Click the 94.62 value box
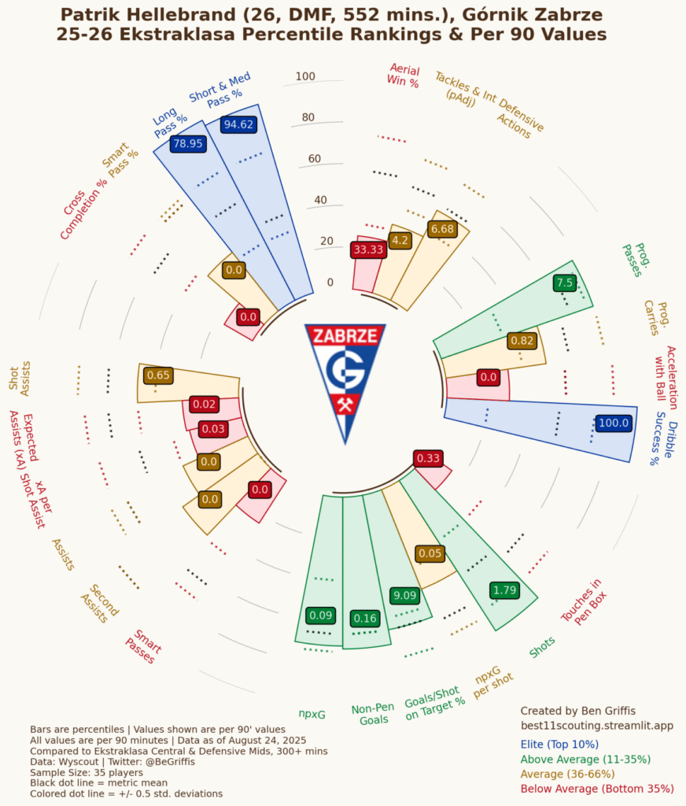coord(238,124)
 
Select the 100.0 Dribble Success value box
coord(614,423)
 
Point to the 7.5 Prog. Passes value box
coord(565,283)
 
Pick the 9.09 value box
coord(406,596)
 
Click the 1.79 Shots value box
coord(503,590)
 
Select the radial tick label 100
coord(305,76)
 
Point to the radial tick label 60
coord(314,159)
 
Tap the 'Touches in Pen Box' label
coord(581,602)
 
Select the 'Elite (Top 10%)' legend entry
coord(559,744)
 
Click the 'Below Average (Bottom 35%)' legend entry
coord(597,788)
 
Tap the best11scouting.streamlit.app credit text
coord(597,725)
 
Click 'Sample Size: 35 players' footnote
coord(87,773)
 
